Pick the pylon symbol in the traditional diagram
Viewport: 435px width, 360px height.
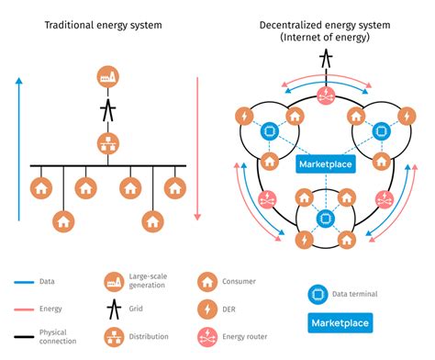(108, 111)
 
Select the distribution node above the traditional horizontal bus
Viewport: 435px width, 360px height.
(108, 143)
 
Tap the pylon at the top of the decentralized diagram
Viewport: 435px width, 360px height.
(324, 60)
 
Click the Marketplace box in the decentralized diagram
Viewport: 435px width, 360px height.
(324, 164)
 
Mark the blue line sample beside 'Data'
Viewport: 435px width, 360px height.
(22, 282)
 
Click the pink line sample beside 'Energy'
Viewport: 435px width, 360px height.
(22, 310)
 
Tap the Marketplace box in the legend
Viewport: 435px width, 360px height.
(340, 323)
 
